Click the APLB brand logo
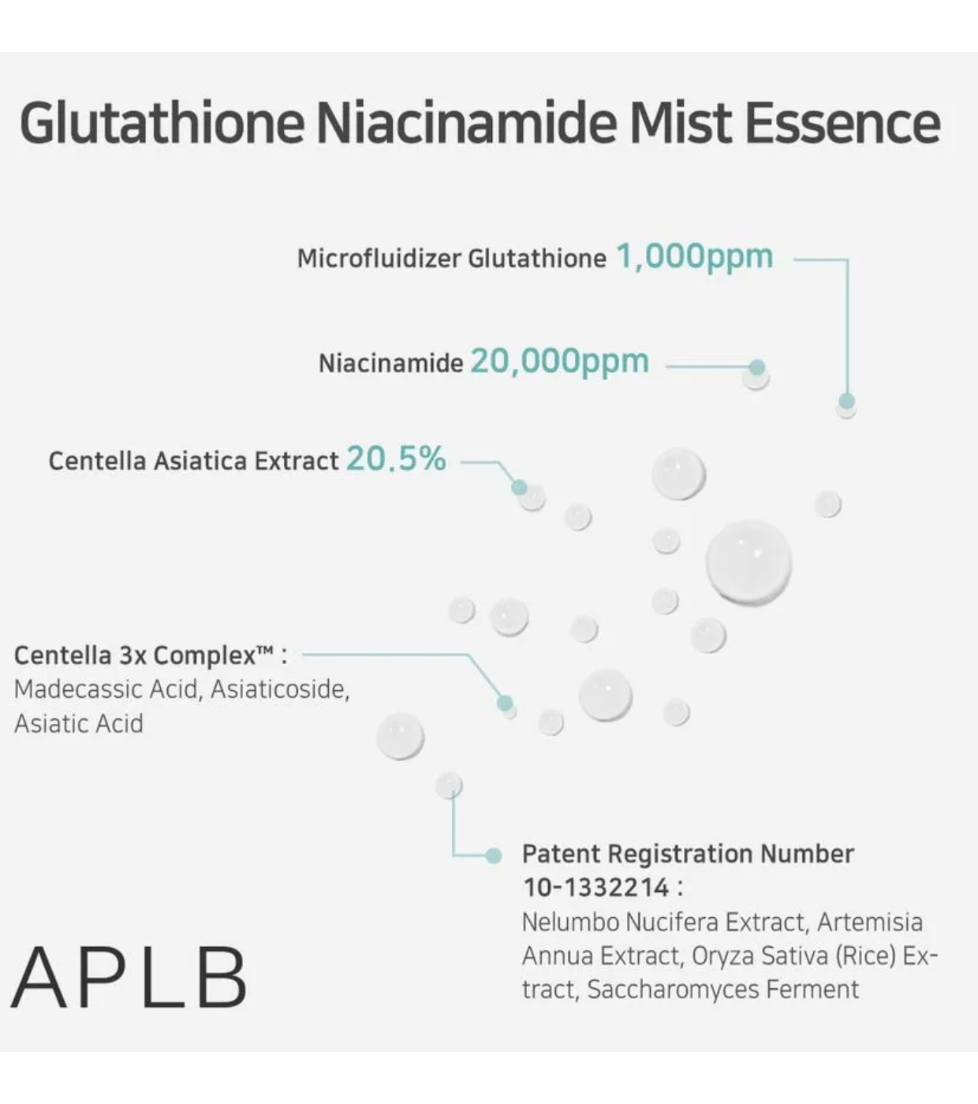click(129, 978)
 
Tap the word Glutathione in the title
click(162, 123)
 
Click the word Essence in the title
click(842, 123)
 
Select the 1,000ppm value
click(694, 256)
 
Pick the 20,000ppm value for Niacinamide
click(559, 361)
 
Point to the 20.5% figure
click(396, 458)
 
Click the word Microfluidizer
click(379, 258)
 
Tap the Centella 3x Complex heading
click(150, 655)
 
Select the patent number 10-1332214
click(596, 887)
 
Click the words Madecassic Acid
click(108, 689)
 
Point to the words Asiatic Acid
click(79, 723)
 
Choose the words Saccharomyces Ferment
click(722, 989)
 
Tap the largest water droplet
click(748, 562)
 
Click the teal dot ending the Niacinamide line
click(757, 367)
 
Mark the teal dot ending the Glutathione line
click(847, 401)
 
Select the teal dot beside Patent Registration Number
click(494, 856)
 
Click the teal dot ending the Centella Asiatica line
click(519, 487)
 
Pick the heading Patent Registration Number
click(688, 853)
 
